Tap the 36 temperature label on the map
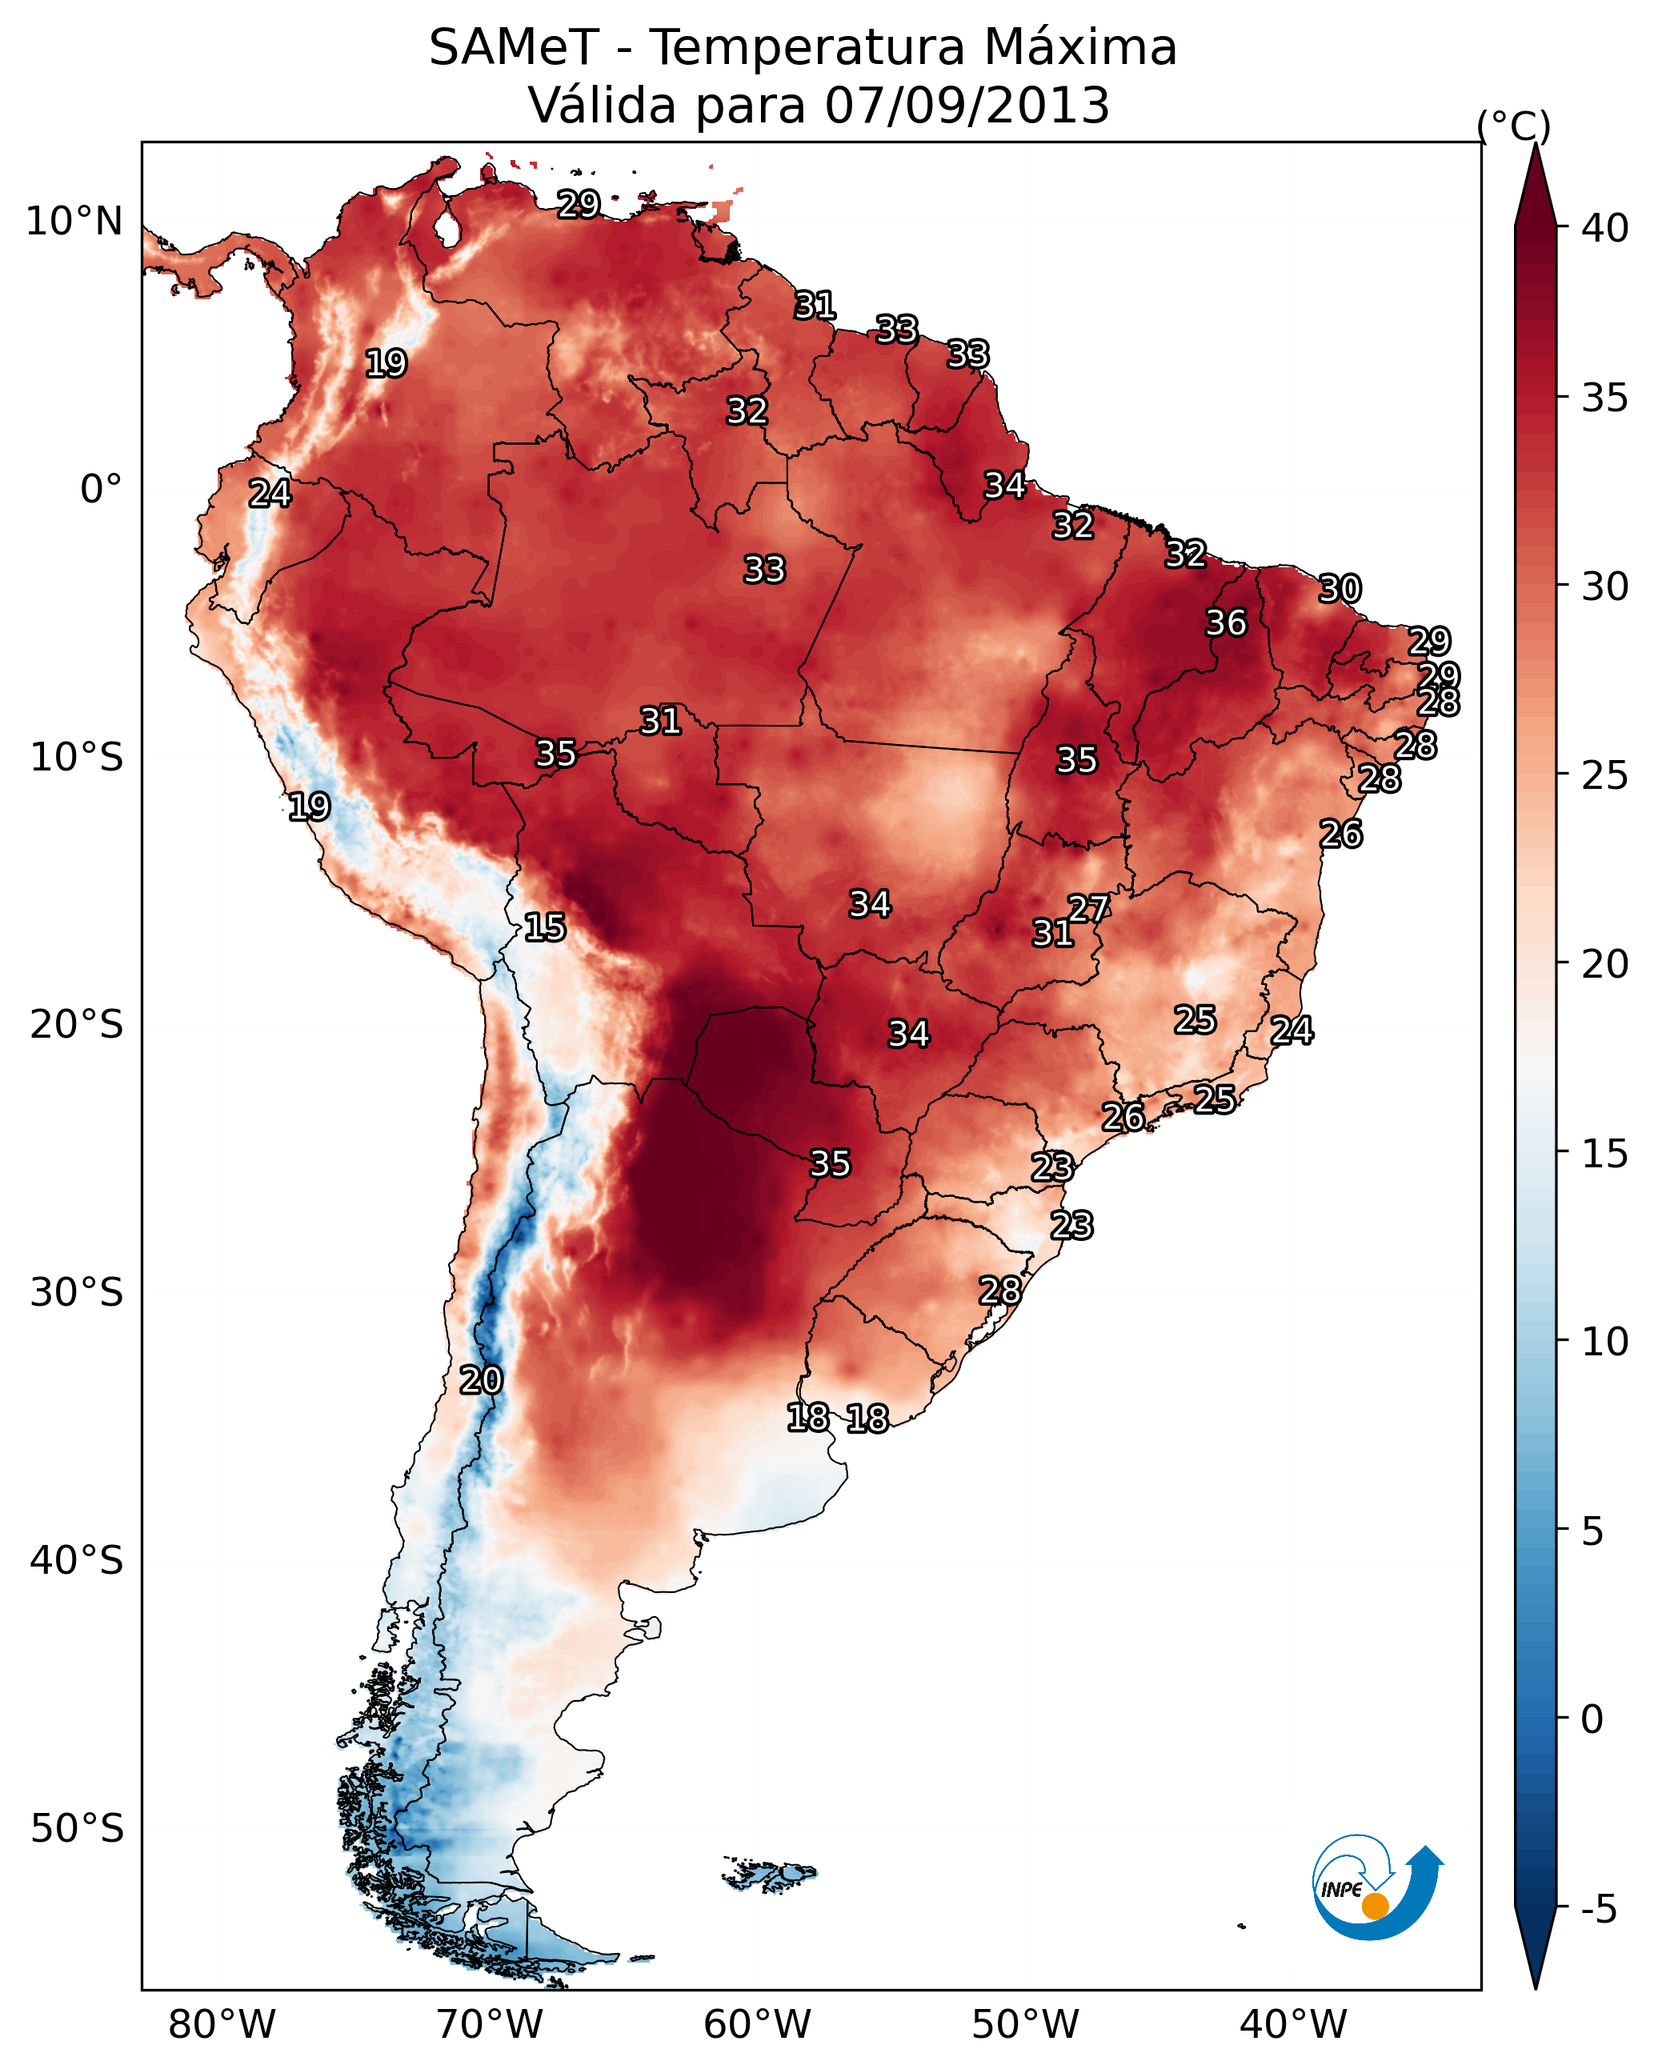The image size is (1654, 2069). tap(1226, 622)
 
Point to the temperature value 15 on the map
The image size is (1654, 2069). tap(544, 927)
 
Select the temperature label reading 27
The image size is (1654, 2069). tap(1087, 908)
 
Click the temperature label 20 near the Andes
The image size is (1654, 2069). tap(480, 1380)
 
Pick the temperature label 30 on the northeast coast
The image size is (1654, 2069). tap(1340, 588)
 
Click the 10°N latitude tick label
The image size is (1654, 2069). tap(74, 222)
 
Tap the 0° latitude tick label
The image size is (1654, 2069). tap(101, 490)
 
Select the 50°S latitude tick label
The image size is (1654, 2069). tap(77, 1829)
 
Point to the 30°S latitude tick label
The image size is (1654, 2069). tap(77, 1293)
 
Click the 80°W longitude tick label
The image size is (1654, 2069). tap(222, 2025)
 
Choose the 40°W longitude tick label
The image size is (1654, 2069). tap(1293, 2025)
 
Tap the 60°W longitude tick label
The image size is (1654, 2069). tap(758, 2025)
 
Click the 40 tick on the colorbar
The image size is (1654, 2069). tap(1605, 228)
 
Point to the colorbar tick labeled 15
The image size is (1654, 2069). tap(1605, 1155)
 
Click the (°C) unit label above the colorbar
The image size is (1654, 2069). tap(1514, 126)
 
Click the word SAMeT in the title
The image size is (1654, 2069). tap(514, 48)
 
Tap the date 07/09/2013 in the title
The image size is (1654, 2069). tap(967, 106)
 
